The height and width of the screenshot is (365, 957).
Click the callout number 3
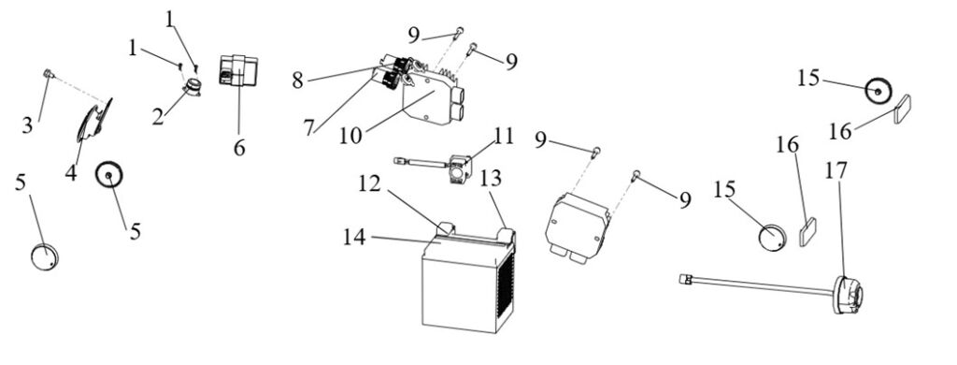(x=28, y=125)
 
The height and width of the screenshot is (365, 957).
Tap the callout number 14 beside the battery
(x=354, y=237)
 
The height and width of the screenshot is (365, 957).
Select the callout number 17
(x=836, y=170)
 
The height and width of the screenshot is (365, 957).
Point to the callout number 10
(x=351, y=136)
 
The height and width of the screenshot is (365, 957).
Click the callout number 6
(x=239, y=147)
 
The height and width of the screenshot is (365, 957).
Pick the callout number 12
(x=369, y=183)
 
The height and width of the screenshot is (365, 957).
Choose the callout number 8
(x=297, y=80)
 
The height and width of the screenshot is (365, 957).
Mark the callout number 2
(x=158, y=116)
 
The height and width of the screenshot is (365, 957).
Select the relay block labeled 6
(x=238, y=70)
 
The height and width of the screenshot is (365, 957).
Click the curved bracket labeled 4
(x=94, y=123)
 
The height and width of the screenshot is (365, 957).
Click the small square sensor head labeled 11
(x=459, y=169)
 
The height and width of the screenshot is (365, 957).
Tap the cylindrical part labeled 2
(x=193, y=87)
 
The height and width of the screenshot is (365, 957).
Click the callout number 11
(x=503, y=137)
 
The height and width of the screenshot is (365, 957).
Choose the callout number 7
(x=308, y=127)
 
